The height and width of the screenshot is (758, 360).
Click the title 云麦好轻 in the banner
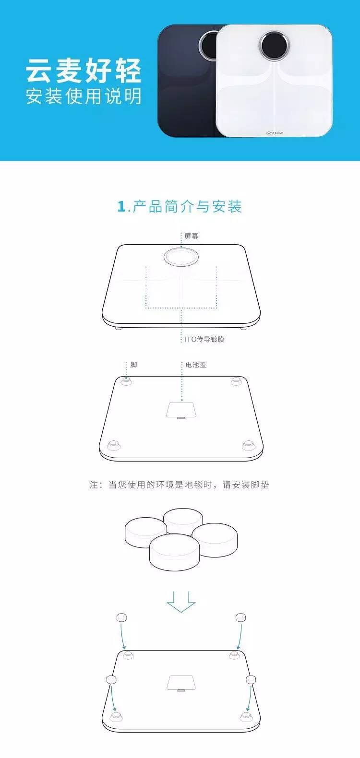click(84, 71)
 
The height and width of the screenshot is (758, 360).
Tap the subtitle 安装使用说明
click(84, 96)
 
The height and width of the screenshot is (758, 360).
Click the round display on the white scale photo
click(275, 46)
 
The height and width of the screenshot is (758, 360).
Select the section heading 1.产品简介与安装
click(180, 206)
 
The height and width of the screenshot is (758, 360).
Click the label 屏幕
click(192, 236)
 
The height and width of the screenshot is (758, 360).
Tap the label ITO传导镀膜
click(204, 339)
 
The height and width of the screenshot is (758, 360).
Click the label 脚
click(134, 365)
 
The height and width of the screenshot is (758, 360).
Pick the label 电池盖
click(196, 365)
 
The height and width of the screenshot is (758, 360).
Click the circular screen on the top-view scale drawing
click(181, 257)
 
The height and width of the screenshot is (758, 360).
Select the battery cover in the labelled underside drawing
click(181, 410)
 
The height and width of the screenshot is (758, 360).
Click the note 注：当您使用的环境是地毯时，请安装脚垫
click(179, 485)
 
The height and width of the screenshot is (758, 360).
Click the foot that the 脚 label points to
click(126, 381)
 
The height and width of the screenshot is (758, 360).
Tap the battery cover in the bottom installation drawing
click(181, 683)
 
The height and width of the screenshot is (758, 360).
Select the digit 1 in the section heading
click(121, 207)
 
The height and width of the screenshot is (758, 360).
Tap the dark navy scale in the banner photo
click(186, 81)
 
